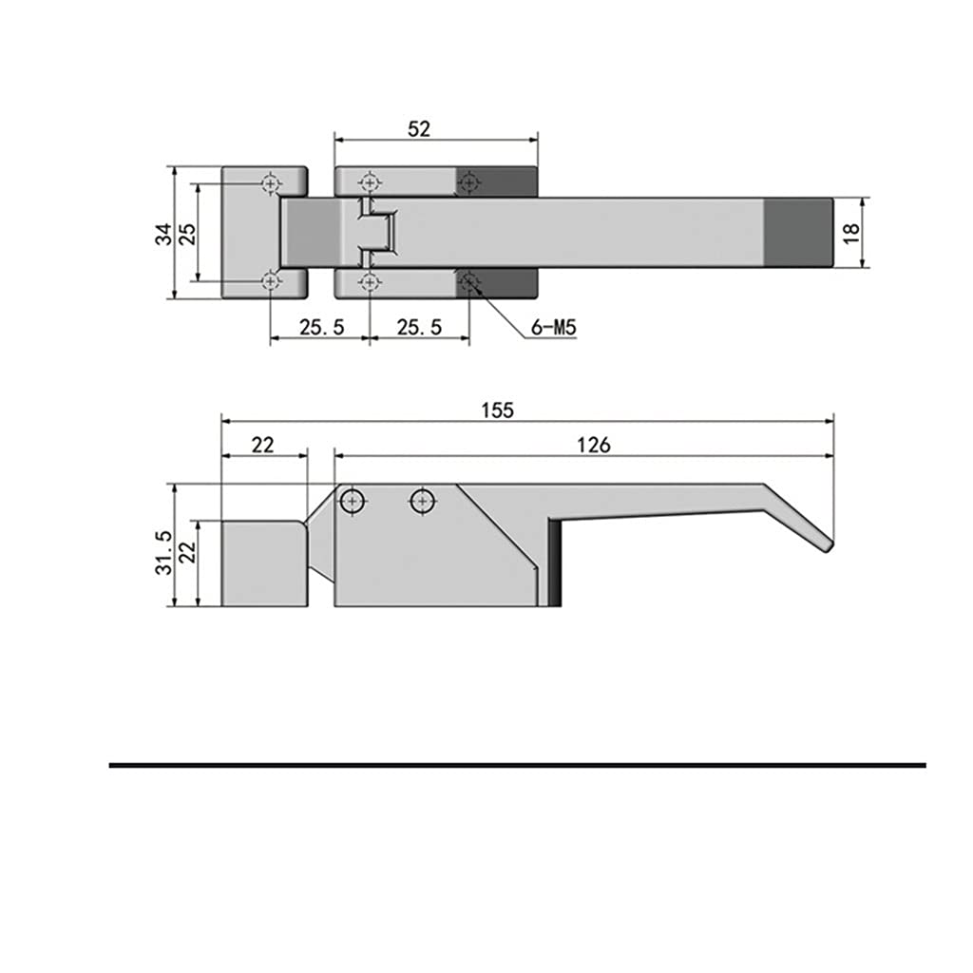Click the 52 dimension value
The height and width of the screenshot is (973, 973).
(x=419, y=129)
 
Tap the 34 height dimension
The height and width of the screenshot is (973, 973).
(x=163, y=234)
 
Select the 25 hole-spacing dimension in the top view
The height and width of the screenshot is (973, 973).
(x=187, y=234)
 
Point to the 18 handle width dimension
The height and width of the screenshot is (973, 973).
(x=851, y=234)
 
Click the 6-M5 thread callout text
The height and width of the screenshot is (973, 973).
(x=554, y=327)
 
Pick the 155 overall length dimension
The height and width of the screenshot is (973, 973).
(x=498, y=410)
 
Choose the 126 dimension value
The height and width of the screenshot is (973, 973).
(x=594, y=445)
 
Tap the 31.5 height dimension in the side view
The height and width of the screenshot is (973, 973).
(x=163, y=552)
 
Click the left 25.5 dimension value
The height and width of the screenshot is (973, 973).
(x=321, y=327)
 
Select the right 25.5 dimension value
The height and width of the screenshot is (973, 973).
(x=419, y=327)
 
